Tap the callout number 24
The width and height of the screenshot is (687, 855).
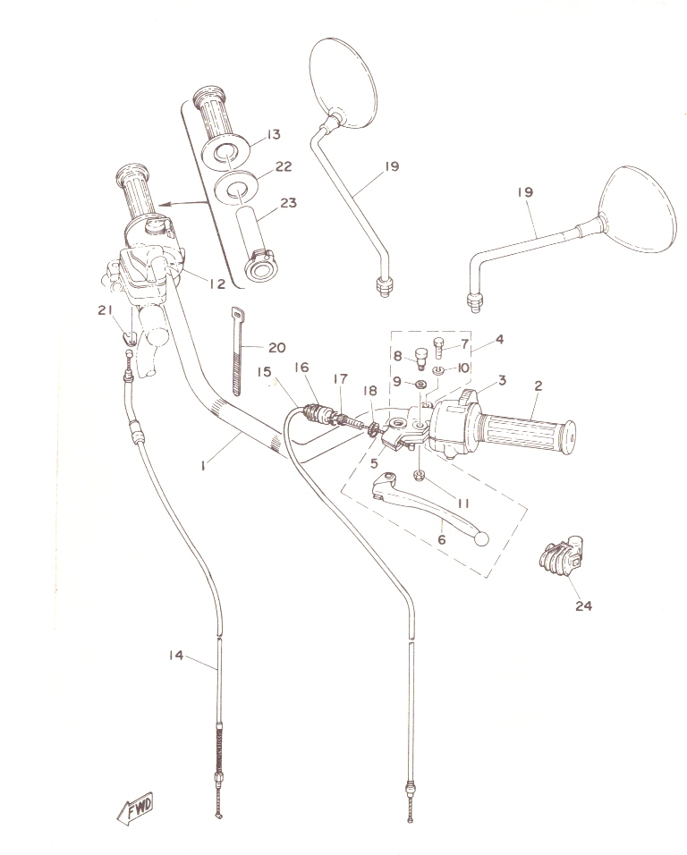coord(583,605)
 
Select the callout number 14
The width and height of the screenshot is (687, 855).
coord(175,655)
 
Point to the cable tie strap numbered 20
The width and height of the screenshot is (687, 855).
coord(238,351)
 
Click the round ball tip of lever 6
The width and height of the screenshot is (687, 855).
coord(481,538)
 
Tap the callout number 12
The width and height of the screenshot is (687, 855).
coord(217,283)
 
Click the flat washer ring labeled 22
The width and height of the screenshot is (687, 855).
coord(235,187)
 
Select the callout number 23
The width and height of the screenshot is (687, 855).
coord(288,203)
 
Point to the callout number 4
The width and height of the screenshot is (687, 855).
coord(499,339)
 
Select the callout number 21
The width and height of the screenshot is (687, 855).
coord(105,310)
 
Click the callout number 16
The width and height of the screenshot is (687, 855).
coord(301,367)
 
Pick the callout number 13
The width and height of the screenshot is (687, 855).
coord(274,134)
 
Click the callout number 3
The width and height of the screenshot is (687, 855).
coord(501,379)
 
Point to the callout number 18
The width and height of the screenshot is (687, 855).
coord(369,391)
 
